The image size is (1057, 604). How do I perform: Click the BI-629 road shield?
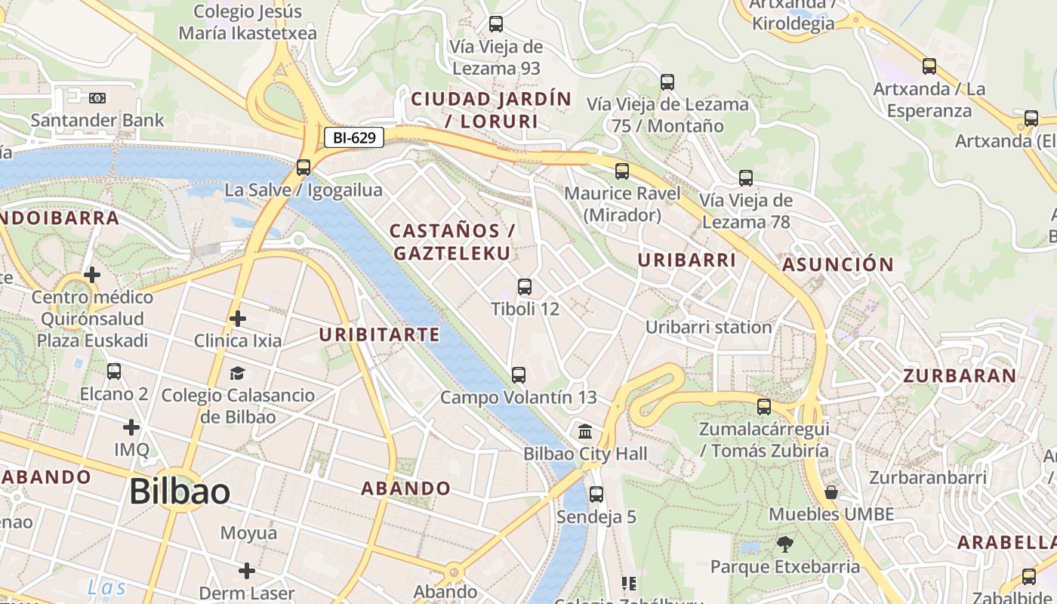pyautogui.click(x=354, y=137)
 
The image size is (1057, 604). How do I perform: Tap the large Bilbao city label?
pyautogui.click(x=180, y=492)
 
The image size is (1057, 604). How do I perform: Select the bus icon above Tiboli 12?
pyautogui.click(x=525, y=287)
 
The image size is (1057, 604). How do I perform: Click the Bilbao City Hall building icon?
pyautogui.click(x=585, y=432)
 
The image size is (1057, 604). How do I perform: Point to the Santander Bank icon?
pyautogui.click(x=97, y=98)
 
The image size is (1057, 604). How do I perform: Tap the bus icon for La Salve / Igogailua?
pyautogui.click(x=304, y=168)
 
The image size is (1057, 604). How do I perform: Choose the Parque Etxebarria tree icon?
pyautogui.click(x=785, y=544)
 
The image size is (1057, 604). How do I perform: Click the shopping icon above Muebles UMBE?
pyautogui.click(x=831, y=492)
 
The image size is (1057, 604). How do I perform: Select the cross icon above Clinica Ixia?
pyautogui.click(x=238, y=319)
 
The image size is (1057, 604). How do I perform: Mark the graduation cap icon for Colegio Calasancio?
pyautogui.click(x=238, y=373)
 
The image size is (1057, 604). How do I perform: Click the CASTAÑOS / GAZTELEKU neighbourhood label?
pyautogui.click(x=452, y=242)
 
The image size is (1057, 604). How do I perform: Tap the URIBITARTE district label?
pyautogui.click(x=379, y=334)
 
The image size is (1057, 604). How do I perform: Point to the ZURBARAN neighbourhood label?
pyautogui.click(x=960, y=376)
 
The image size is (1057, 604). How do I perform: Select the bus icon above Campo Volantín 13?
pyautogui.click(x=519, y=375)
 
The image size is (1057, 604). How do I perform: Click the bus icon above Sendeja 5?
pyautogui.click(x=596, y=495)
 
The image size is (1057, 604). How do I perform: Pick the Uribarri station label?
pyautogui.click(x=708, y=327)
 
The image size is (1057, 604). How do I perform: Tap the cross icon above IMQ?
pyautogui.click(x=131, y=427)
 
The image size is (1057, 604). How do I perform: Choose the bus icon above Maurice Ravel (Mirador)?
pyautogui.click(x=622, y=171)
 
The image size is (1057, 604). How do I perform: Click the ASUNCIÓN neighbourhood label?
pyautogui.click(x=838, y=265)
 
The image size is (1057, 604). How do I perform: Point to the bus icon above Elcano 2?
pyautogui.click(x=114, y=371)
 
